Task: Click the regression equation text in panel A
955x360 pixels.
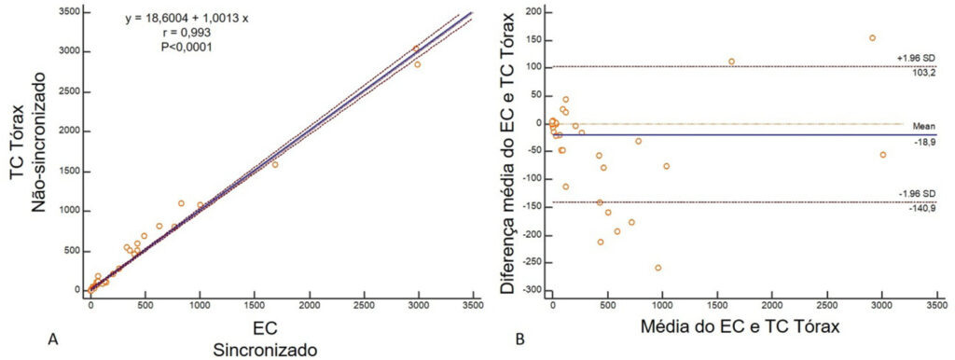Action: [x=187, y=19]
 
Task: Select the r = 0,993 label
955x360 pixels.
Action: [x=187, y=33]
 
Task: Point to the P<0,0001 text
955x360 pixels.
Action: [x=187, y=47]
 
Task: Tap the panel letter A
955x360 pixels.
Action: [x=52, y=341]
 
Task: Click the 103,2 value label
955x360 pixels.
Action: [x=926, y=73]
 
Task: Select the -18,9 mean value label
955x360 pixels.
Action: [x=928, y=141]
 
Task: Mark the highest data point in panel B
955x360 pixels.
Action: [x=872, y=37]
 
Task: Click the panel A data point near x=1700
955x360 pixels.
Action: [x=275, y=164]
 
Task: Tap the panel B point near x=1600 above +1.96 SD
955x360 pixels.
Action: [x=731, y=62]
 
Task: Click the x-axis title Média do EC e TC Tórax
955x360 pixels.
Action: [x=740, y=327]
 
